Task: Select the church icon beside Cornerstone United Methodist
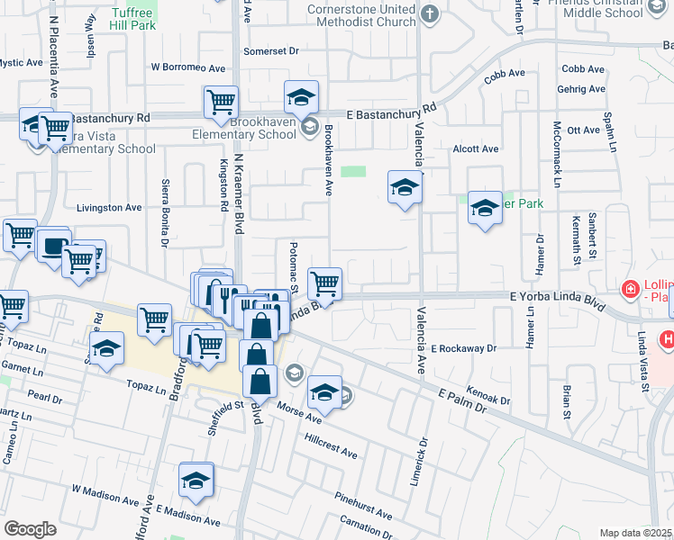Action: click(430, 13)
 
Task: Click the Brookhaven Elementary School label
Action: click(263, 128)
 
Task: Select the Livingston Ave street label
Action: click(109, 207)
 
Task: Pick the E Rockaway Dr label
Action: click(463, 348)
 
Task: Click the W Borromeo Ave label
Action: click(188, 67)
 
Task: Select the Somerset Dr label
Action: click(270, 51)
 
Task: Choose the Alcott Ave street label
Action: click(476, 148)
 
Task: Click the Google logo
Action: click(30, 529)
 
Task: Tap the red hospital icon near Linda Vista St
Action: click(630, 290)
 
